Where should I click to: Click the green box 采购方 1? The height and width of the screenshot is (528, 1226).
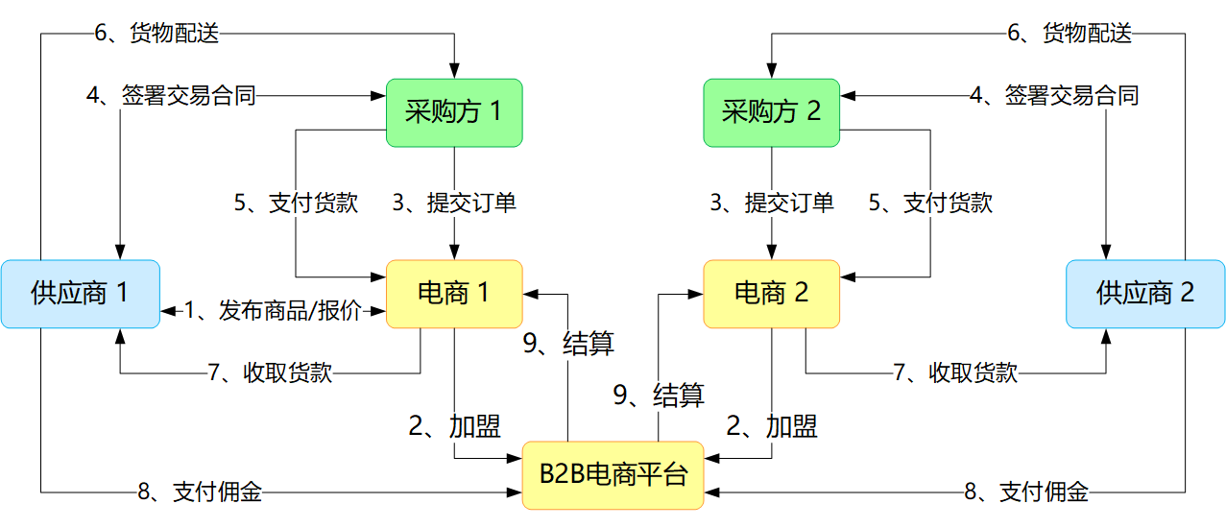(454, 112)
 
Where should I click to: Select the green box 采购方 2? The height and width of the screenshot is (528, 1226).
(771, 112)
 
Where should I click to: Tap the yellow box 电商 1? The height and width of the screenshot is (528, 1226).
(454, 294)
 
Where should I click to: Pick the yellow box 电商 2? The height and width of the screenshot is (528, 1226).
(771, 294)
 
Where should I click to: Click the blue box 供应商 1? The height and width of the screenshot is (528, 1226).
(81, 294)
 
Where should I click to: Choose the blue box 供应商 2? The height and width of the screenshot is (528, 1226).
(1145, 294)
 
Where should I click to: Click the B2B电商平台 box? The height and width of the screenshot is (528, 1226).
(613, 475)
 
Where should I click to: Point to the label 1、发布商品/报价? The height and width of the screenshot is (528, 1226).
(273, 311)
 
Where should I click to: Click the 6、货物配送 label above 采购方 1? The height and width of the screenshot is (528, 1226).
(156, 33)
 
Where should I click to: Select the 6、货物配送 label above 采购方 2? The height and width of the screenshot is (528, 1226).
(1070, 33)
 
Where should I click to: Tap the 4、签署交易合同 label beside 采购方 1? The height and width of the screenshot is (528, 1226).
(171, 95)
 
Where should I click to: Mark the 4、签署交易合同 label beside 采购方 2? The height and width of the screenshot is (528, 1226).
(1054, 95)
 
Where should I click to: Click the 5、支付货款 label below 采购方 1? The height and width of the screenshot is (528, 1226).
(296, 203)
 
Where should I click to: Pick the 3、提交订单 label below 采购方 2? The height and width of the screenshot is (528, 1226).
(772, 203)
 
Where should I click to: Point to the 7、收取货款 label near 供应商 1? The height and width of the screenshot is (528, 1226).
(270, 372)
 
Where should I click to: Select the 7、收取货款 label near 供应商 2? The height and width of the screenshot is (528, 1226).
(955, 372)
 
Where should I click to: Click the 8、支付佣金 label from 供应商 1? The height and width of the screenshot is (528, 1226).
(200, 492)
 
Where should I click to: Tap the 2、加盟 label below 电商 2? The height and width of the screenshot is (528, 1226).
(772, 426)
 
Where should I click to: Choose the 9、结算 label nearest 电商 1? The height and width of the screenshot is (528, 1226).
(568, 344)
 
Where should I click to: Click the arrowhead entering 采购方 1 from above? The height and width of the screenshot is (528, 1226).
(454, 71)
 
